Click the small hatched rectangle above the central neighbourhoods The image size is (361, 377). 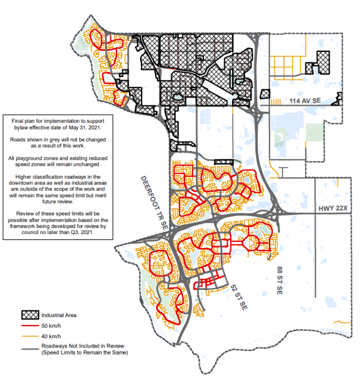(x=223, y=163)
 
